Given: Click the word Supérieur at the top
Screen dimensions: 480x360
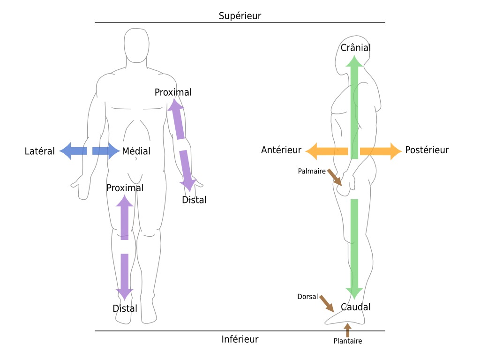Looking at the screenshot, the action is (x=240, y=15).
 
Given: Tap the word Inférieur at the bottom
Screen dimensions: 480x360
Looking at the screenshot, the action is (x=240, y=339).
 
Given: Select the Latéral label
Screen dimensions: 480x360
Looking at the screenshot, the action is (x=39, y=151).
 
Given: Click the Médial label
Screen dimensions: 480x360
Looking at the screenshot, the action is (x=136, y=151).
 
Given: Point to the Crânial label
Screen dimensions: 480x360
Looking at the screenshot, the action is (x=356, y=47).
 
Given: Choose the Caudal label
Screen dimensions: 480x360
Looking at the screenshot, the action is (x=356, y=307).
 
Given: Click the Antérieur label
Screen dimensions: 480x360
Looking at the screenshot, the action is (x=281, y=150).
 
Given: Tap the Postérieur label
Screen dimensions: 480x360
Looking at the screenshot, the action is (x=427, y=150).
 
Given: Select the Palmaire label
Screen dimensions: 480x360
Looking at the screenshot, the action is (x=312, y=171).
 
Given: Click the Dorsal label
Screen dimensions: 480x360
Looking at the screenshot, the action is (x=307, y=297).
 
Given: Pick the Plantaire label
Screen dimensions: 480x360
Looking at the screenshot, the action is (x=348, y=341).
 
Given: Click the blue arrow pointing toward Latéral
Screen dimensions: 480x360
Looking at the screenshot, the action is (x=73, y=151).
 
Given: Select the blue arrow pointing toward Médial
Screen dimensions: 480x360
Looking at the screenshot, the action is (x=106, y=151).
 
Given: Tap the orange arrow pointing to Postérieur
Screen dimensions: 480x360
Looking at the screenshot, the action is (x=381, y=151).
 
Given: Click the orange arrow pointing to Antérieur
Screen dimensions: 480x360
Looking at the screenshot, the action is (x=327, y=151).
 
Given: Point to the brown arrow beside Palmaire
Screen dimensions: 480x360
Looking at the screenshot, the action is (x=335, y=178).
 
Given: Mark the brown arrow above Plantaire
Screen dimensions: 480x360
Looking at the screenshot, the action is (x=347, y=330).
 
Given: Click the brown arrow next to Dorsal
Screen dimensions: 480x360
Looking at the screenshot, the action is (x=327, y=304).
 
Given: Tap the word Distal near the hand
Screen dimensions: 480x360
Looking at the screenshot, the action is (x=194, y=200).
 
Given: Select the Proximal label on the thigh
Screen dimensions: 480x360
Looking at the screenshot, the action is (x=125, y=187).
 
